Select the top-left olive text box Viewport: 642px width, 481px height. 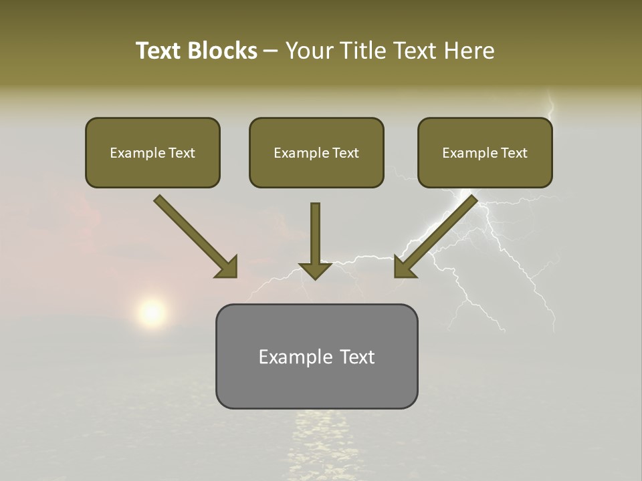(152, 153)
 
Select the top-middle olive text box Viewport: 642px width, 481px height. (316, 153)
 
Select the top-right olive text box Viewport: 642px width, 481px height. (485, 153)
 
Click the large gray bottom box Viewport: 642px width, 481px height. (316, 356)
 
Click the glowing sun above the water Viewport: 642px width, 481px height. (152, 312)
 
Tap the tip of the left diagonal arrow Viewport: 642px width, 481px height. (235, 275)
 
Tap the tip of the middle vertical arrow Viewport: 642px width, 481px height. (315, 277)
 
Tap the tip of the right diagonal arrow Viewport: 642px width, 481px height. (397, 275)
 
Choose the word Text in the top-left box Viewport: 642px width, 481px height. (182, 153)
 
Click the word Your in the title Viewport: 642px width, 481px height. (306, 51)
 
